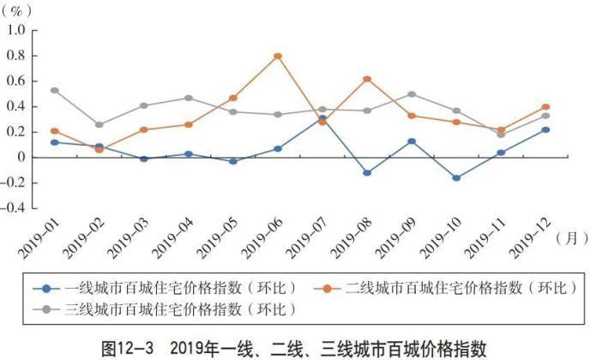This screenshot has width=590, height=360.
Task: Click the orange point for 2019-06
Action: click(277, 57)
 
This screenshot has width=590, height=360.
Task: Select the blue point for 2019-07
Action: click(322, 118)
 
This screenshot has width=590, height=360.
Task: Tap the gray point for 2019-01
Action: click(55, 90)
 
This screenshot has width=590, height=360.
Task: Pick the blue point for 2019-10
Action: click(455, 178)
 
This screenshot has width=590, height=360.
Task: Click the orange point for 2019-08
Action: click(366, 79)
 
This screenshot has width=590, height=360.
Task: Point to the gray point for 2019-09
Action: click(411, 94)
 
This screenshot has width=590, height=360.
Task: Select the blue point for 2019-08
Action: click(366, 172)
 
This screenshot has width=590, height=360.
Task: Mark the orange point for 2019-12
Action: click(545, 107)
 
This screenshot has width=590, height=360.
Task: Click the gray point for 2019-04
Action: click(188, 98)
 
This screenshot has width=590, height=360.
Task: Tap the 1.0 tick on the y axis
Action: click(15, 31)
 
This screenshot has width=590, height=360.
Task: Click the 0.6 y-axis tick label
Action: click(15, 81)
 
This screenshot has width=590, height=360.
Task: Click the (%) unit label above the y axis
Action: click(21, 11)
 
